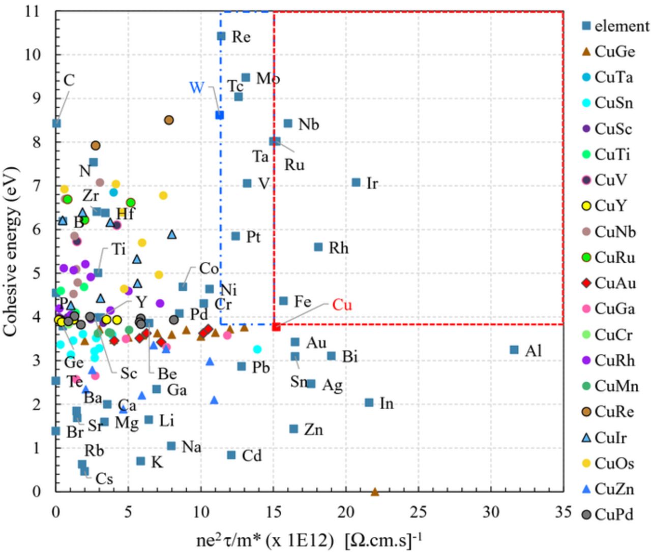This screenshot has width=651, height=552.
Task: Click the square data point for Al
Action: tap(514, 350)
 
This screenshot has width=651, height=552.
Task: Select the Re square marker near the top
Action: tap(221, 36)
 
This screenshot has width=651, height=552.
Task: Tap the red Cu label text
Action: tap(342, 305)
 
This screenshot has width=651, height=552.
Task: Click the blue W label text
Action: tap(196, 87)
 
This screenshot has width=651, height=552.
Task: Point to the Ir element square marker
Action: tap(356, 182)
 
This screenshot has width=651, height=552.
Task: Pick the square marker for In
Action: tap(369, 403)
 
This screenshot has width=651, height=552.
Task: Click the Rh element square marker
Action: tap(318, 247)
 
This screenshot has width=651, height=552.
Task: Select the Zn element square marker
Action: tap(293, 429)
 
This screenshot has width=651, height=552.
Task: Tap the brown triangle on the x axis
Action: tap(375, 492)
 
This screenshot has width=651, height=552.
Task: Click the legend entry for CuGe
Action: tap(614, 52)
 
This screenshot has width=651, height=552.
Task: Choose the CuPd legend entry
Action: tap(613, 514)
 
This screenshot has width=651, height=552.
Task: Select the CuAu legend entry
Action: tap(614, 283)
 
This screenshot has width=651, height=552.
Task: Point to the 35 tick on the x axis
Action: tap(563, 511)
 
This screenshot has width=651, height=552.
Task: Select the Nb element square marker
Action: tap(288, 124)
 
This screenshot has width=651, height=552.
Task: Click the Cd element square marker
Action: tap(231, 455)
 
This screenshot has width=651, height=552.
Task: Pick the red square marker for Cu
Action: tap(276, 327)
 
